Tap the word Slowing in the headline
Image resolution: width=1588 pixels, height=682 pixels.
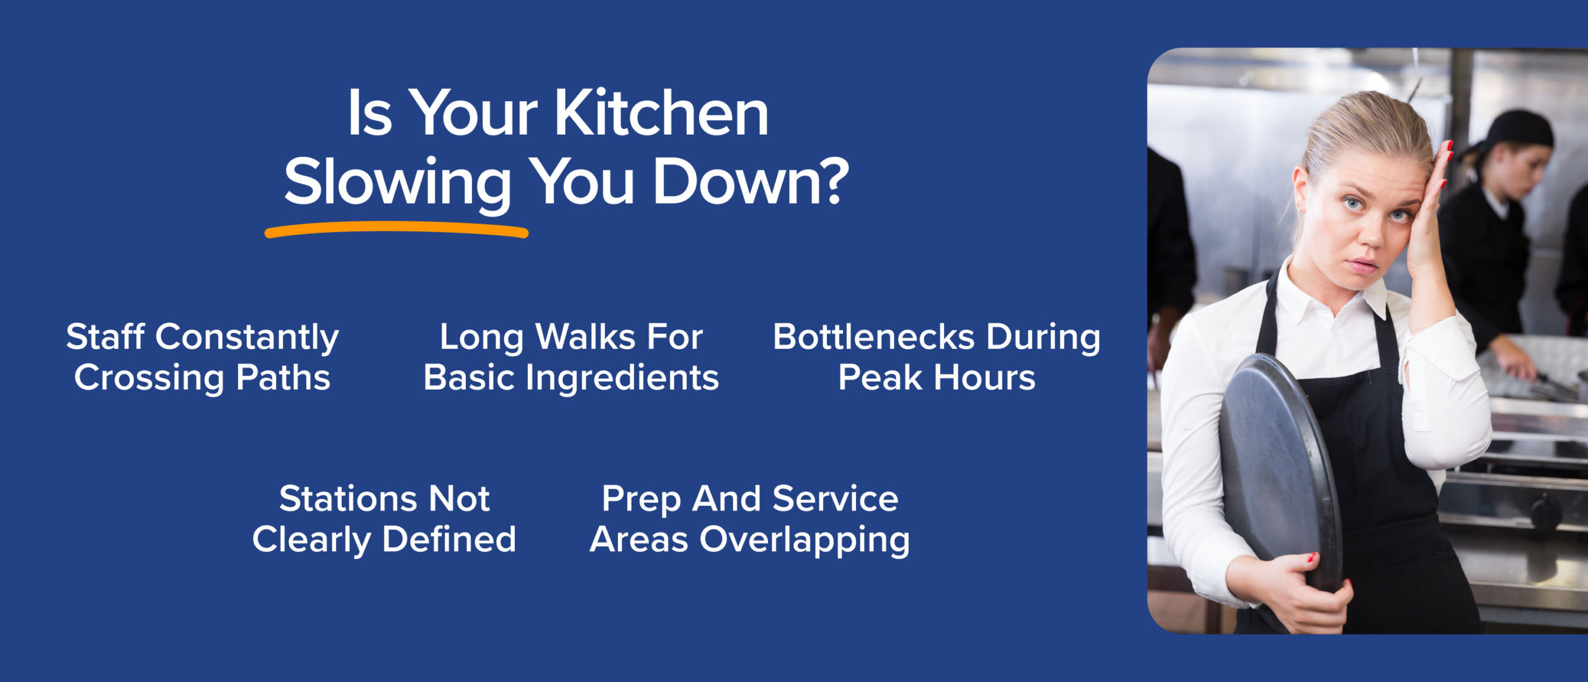pos(397,183)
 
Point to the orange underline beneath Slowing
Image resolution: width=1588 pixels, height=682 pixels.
pos(396,231)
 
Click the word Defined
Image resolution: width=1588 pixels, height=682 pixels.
pos(449,539)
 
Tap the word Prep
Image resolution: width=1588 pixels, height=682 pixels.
pos(641,500)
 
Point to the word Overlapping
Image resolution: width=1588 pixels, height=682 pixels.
pos(805,541)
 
